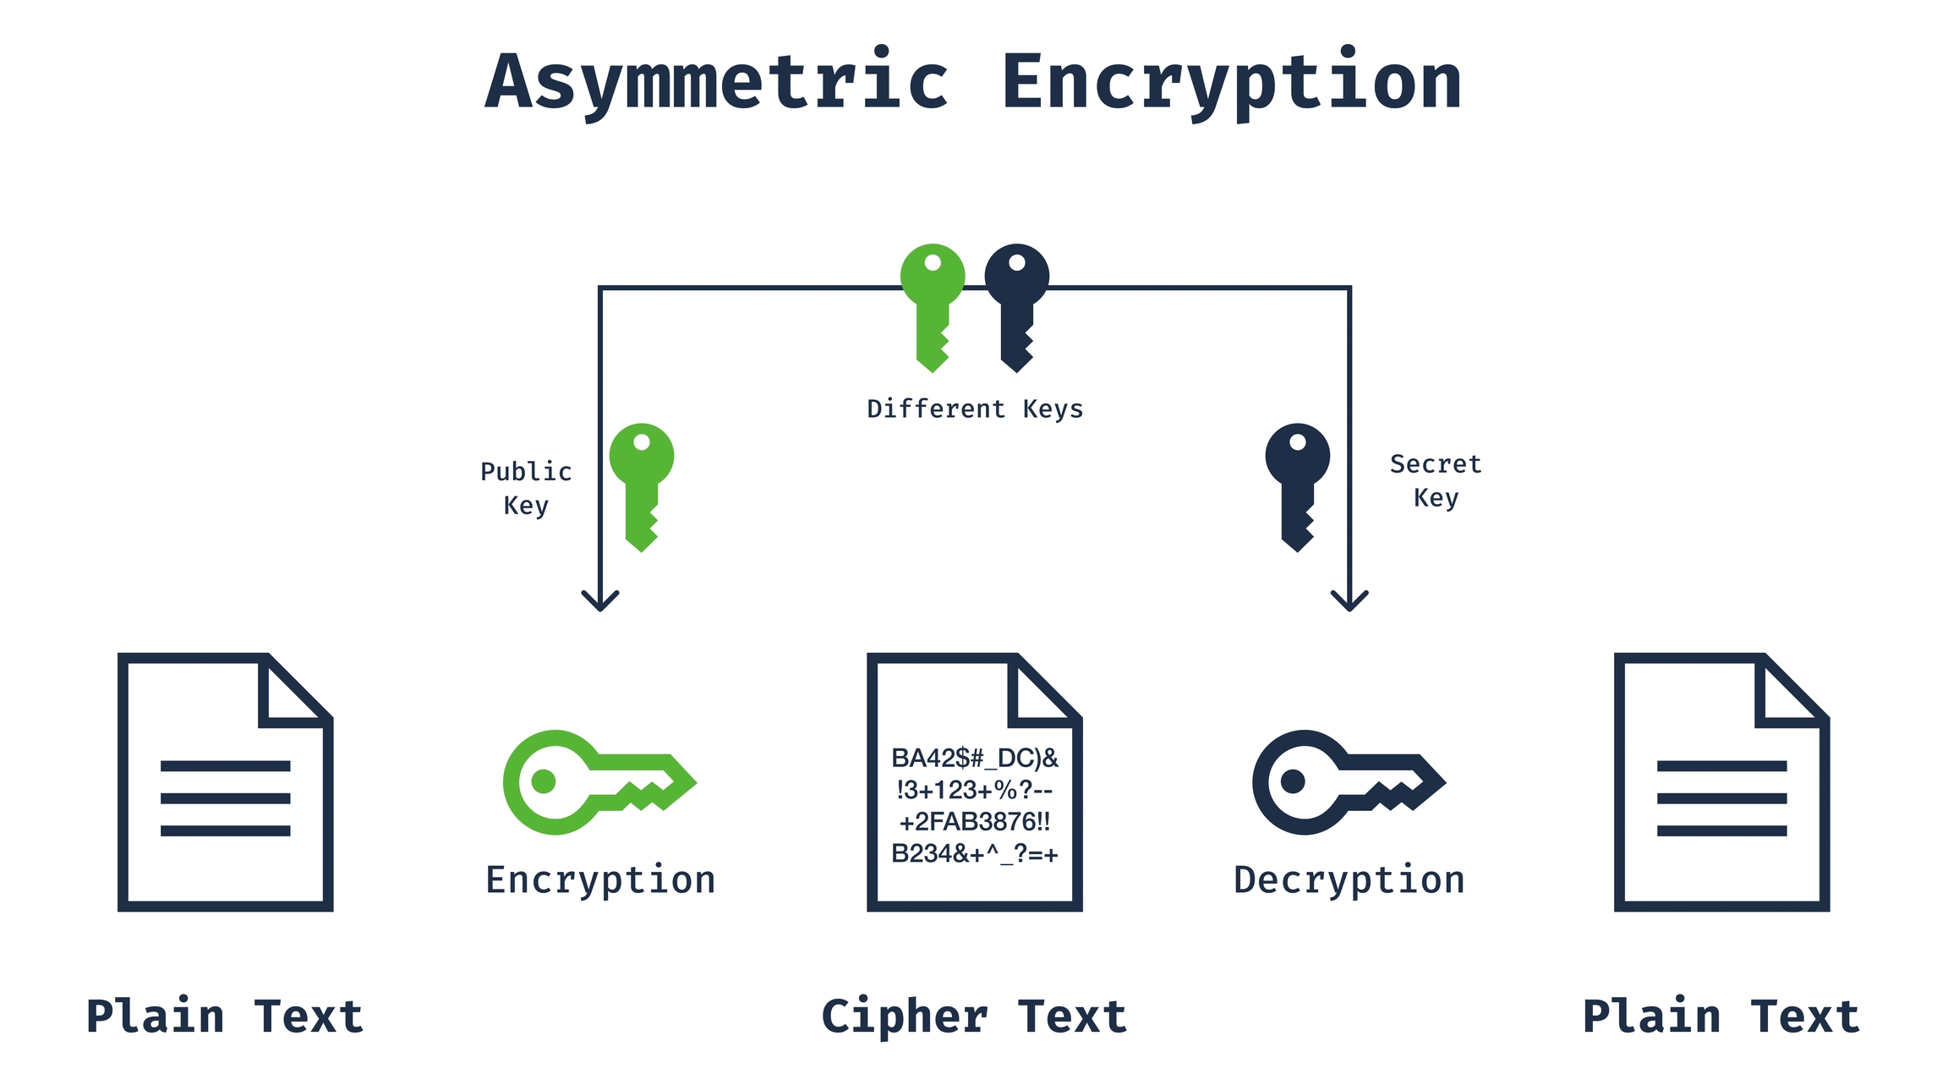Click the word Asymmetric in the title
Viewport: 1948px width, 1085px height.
click(717, 82)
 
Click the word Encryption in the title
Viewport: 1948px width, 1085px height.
click(1232, 82)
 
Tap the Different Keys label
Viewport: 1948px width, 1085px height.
click(975, 409)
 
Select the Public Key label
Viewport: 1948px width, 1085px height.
click(526, 488)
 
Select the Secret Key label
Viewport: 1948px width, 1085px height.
click(1436, 480)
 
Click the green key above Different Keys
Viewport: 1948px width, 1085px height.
click(933, 305)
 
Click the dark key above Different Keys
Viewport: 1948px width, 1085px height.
click(1017, 305)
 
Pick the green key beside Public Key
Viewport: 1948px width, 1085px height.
click(642, 485)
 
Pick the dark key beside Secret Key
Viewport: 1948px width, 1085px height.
click(1298, 485)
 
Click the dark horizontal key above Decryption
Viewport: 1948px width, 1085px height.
click(1347, 782)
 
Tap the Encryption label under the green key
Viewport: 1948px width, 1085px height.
click(600, 880)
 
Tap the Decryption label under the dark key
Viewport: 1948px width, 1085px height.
click(1349, 880)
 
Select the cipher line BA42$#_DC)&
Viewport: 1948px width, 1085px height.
click(975, 758)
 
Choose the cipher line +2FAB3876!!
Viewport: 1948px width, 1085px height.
click(975, 821)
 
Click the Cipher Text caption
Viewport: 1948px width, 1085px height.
click(974, 1017)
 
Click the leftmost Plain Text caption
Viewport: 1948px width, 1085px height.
click(225, 1017)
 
